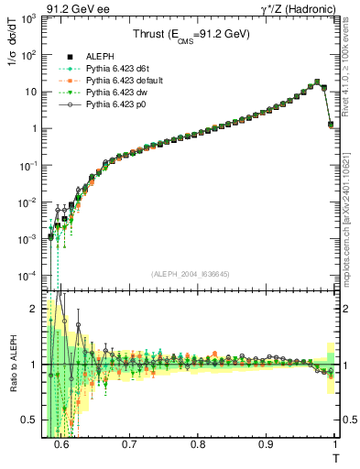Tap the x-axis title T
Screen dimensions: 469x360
[334, 457]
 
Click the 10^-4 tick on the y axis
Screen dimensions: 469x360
[33, 276]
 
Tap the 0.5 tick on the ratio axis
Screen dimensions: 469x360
[33, 420]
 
